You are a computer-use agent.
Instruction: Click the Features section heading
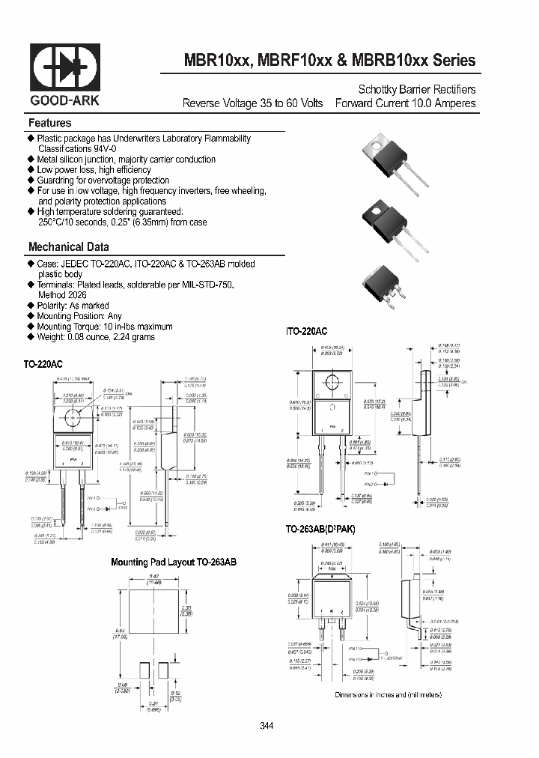[x=49, y=123]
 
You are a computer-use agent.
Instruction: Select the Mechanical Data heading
[x=68, y=246]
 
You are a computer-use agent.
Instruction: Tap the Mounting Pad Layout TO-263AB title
[x=173, y=562]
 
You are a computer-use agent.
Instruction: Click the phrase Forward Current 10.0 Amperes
[x=405, y=103]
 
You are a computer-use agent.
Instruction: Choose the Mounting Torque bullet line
[x=105, y=327]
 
